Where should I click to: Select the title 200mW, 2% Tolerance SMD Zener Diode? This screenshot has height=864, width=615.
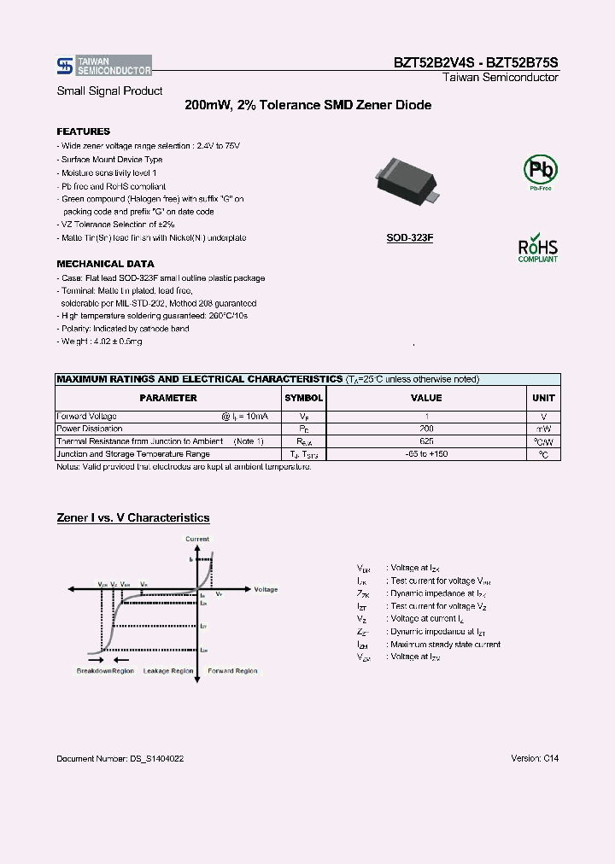pyautogui.click(x=307, y=105)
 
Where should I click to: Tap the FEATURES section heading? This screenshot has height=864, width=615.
pyautogui.click(x=83, y=131)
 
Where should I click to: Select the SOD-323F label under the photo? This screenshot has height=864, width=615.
pyautogui.click(x=409, y=238)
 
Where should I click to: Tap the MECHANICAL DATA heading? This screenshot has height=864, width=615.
pyautogui.click(x=105, y=264)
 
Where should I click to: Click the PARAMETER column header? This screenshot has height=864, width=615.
pyautogui.click(x=168, y=398)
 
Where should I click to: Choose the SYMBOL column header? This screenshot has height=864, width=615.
pyautogui.click(x=303, y=398)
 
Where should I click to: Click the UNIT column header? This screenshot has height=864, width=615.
pyautogui.click(x=543, y=398)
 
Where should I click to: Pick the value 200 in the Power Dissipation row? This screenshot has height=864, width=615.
pyautogui.click(x=426, y=429)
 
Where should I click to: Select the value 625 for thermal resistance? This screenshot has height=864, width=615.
pyautogui.click(x=426, y=441)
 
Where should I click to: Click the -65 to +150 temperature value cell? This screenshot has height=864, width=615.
pyautogui.click(x=426, y=454)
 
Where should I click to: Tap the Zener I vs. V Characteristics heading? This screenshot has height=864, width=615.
pyautogui.click(x=132, y=518)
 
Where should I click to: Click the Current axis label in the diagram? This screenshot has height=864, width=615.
pyautogui.click(x=197, y=540)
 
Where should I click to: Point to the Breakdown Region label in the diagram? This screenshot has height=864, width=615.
pyautogui.click(x=105, y=671)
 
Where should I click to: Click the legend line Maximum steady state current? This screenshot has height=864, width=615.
pyautogui.click(x=443, y=645)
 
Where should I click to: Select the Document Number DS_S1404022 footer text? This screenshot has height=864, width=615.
pyautogui.click(x=120, y=758)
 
